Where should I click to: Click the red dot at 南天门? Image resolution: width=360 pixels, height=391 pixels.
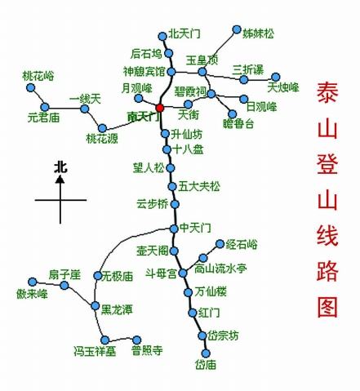tap(160, 107)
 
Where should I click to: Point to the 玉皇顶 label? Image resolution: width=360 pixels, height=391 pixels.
tap(202, 60)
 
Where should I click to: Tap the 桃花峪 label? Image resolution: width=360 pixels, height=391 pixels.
tap(39, 75)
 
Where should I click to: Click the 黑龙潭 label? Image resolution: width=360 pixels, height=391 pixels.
tap(118, 310)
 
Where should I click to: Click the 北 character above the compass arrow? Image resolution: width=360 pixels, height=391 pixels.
tap(60, 167)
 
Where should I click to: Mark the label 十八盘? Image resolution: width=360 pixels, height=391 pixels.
tap(189, 149)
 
